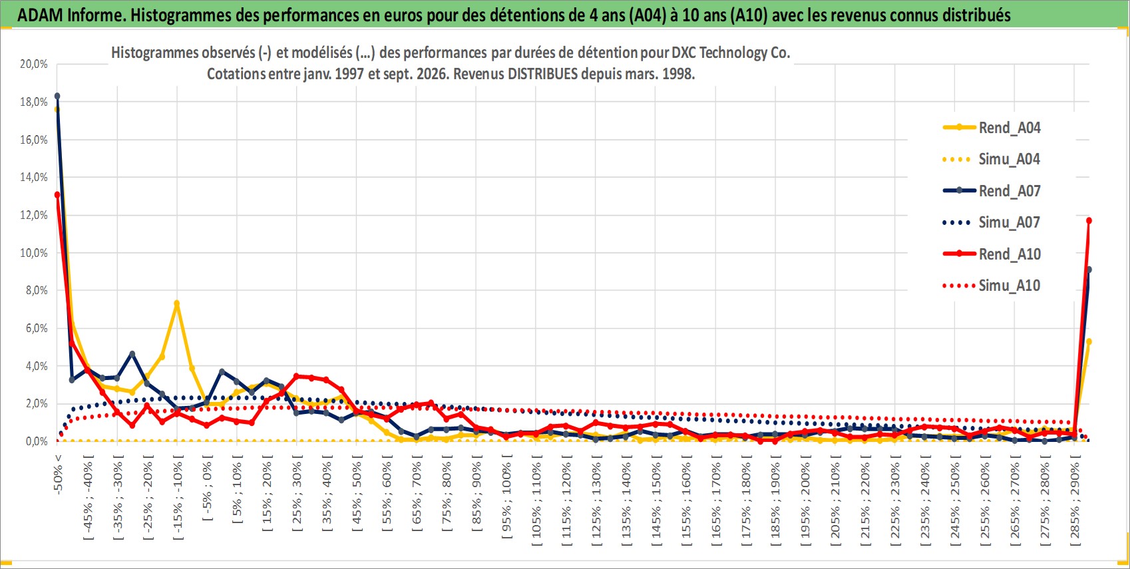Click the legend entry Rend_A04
click(x=992, y=128)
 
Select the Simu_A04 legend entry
click(x=992, y=160)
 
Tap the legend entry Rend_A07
click(x=992, y=191)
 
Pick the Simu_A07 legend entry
click(x=992, y=222)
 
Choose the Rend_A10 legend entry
click(x=992, y=254)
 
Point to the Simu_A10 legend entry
click(x=992, y=285)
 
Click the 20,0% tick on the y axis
click(x=34, y=64)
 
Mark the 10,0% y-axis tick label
click(x=34, y=253)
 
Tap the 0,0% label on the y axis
click(x=36, y=441)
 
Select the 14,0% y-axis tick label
click(x=34, y=177)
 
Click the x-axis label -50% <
click(x=57, y=474)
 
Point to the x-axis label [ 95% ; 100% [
click(x=506, y=496)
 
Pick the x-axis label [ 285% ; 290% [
click(x=1075, y=499)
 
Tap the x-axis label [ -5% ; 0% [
click(x=208, y=487)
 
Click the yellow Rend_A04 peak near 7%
click(x=176, y=303)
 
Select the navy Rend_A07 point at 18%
click(x=57, y=96)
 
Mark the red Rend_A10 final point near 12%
click(x=1089, y=220)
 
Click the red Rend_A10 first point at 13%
click(x=57, y=195)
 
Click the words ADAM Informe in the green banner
click(x=71, y=15)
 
